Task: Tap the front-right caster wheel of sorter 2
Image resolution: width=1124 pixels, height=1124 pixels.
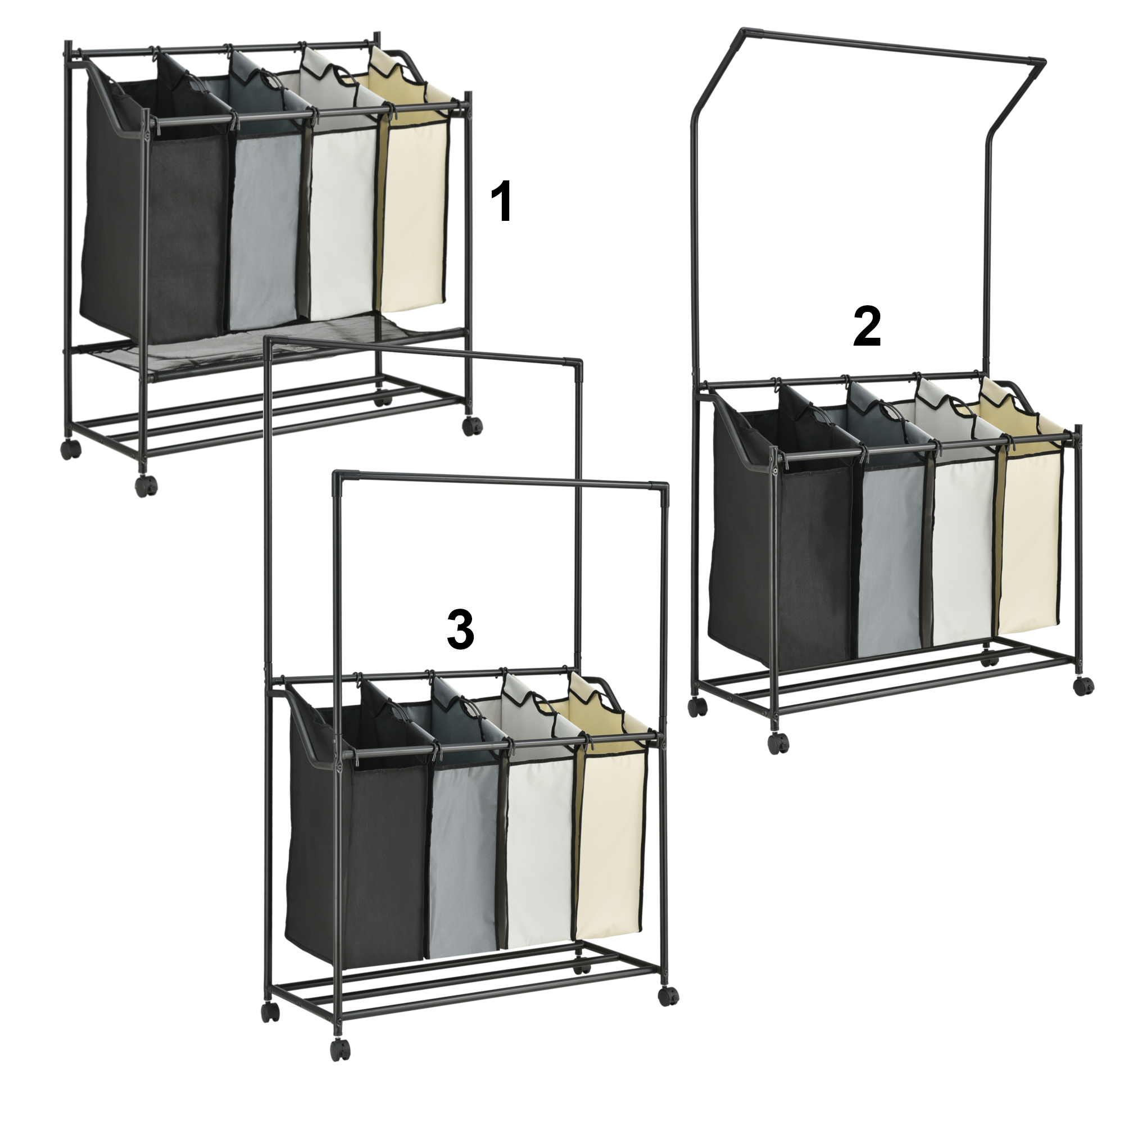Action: pos(1084,685)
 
